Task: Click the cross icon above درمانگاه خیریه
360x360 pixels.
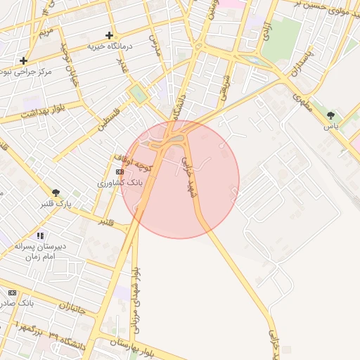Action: (x=109, y=35)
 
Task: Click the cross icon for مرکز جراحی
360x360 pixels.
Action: (x=24, y=60)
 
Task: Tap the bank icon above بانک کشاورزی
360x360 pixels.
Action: (x=120, y=172)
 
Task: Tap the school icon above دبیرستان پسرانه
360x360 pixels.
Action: (x=40, y=236)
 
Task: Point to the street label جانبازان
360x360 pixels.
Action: (x=73, y=307)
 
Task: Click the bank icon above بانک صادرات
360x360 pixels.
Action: (x=12, y=292)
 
